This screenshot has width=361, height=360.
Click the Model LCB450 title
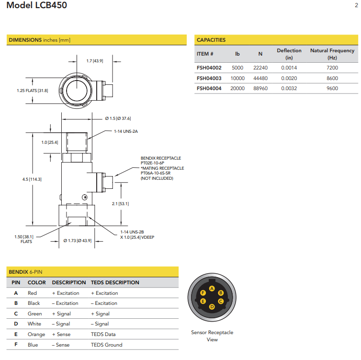[x=37, y=6]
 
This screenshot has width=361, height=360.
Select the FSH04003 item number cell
[x=209, y=78]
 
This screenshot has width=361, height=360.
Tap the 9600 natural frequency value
[x=332, y=88]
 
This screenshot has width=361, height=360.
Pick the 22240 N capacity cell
[x=260, y=68]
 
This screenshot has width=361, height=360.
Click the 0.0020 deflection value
[x=289, y=78]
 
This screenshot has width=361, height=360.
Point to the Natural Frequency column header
[x=332, y=54]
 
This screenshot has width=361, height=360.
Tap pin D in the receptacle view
[x=212, y=306]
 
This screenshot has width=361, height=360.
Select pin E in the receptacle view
[x=203, y=302]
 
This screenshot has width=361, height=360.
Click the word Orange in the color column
[x=36, y=334]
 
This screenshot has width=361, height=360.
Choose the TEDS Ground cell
[x=106, y=345]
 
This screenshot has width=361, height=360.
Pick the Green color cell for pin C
[x=35, y=314]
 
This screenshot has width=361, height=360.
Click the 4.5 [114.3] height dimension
[x=32, y=179]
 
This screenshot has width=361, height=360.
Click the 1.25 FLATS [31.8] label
[x=33, y=91]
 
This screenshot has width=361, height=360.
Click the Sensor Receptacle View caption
[x=212, y=336]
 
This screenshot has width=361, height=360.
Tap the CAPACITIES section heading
[x=211, y=40]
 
